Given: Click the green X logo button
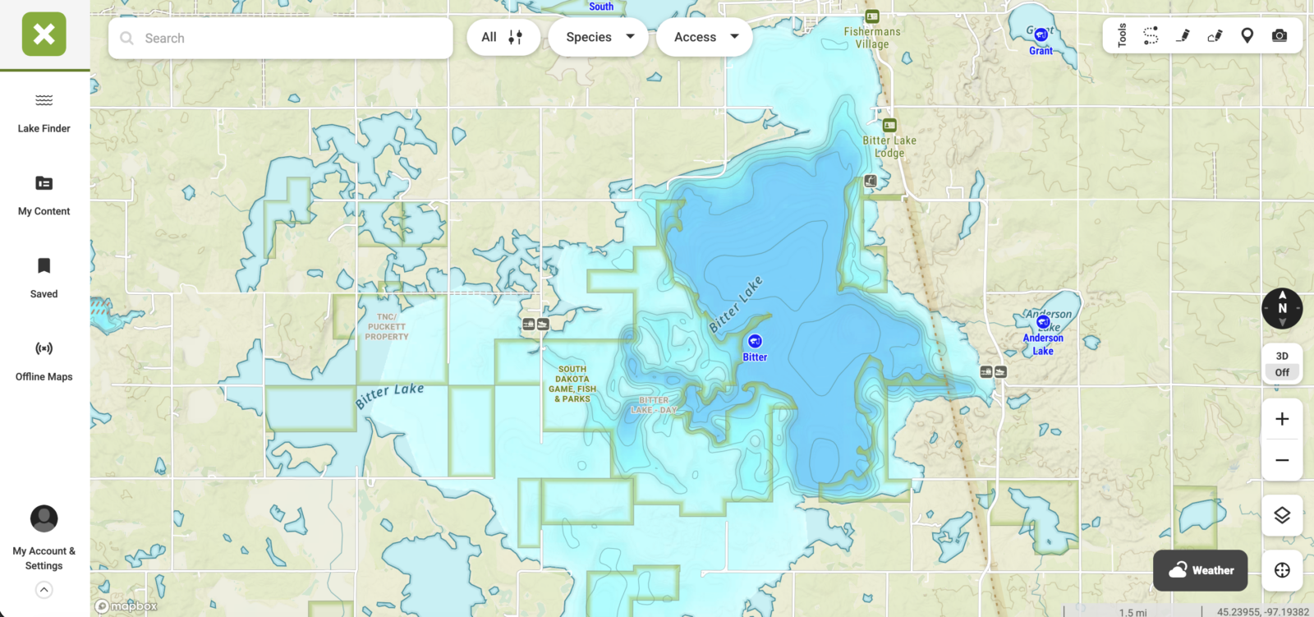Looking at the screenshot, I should (x=44, y=35).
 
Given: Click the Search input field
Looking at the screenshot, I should (x=287, y=38).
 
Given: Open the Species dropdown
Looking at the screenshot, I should (x=599, y=37).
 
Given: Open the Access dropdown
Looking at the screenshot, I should (x=705, y=37).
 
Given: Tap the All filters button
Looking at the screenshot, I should (x=503, y=37).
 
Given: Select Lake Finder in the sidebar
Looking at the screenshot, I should (x=44, y=113).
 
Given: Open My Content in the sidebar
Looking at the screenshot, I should (x=44, y=195).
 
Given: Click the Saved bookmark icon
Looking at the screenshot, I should (x=44, y=265).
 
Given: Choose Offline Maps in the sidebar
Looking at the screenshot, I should (x=44, y=360).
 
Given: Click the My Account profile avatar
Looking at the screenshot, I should (x=44, y=518).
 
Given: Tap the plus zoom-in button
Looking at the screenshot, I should (x=1282, y=419).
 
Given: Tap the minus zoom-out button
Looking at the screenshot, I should (x=1282, y=460).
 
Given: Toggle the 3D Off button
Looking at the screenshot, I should (x=1282, y=364).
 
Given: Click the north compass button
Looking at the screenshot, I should (x=1282, y=308).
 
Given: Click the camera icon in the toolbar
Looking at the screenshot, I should (x=1280, y=35).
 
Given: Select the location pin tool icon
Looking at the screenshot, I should (x=1247, y=35).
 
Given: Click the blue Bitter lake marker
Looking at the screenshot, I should (x=755, y=341).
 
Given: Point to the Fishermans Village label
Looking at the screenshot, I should (x=872, y=38).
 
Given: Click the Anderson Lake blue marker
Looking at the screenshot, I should (x=1043, y=322).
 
